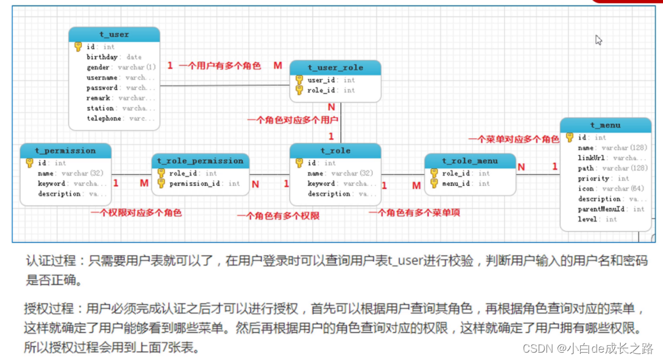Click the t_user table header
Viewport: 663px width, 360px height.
[x=114, y=34]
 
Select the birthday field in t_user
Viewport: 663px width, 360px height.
[x=102, y=57]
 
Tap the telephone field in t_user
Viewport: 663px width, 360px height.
[x=104, y=118]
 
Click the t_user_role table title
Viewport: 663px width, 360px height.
[x=335, y=67]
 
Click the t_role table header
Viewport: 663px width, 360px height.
[x=335, y=150]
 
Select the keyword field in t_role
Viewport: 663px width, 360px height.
[x=321, y=183]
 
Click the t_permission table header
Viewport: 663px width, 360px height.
[x=66, y=150]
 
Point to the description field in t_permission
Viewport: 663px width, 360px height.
[x=59, y=194]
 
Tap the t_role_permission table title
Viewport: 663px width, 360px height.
[x=200, y=161]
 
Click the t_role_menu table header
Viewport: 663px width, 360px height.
[x=470, y=161]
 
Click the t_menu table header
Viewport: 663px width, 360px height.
[x=605, y=125]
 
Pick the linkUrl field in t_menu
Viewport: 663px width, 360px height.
[x=591, y=158]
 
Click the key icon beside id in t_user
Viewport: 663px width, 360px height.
[x=78, y=47]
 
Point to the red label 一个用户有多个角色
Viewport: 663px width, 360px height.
[x=220, y=66]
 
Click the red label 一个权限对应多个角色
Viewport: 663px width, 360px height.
[x=136, y=213]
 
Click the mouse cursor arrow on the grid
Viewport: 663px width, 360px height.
[x=598, y=39]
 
